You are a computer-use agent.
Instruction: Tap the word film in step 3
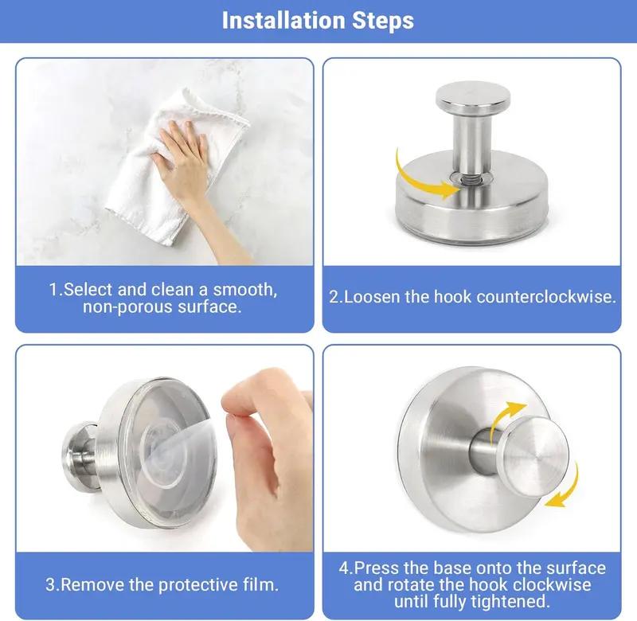261,584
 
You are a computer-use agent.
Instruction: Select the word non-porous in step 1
123,307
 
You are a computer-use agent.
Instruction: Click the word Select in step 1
88,290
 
